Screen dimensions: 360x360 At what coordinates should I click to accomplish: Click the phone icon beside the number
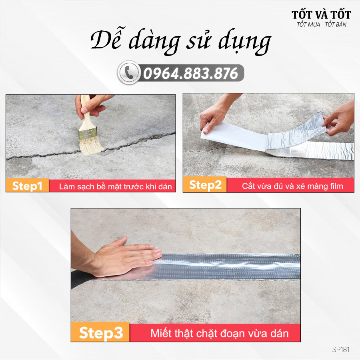[x=128, y=73]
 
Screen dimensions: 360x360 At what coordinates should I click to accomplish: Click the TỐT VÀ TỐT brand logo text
[x=321, y=15]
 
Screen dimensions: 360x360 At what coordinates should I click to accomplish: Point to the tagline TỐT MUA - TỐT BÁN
[x=321, y=25]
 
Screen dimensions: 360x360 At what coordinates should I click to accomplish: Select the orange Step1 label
[x=27, y=186]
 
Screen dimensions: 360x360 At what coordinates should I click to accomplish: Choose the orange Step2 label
[x=205, y=185]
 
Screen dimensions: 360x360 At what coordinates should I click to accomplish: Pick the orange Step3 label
[x=101, y=333]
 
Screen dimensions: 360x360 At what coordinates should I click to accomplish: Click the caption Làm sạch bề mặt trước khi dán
[x=115, y=186]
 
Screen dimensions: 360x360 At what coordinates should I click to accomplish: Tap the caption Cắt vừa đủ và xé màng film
[x=292, y=186]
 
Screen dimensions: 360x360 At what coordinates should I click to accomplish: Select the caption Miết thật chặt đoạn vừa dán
[x=219, y=333]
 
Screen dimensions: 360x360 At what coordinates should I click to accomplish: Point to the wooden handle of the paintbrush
[x=85, y=108]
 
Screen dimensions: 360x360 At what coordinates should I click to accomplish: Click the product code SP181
[x=340, y=349]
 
